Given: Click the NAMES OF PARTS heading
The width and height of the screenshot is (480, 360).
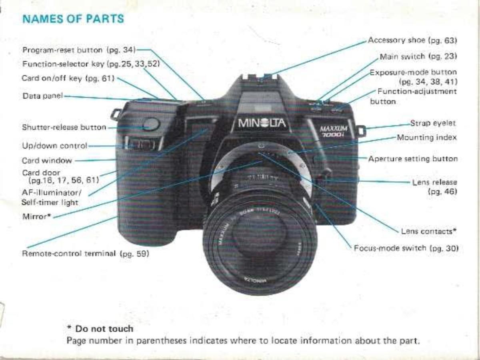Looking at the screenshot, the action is [73, 19].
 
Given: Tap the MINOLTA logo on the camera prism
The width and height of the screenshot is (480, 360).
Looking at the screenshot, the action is [262, 123].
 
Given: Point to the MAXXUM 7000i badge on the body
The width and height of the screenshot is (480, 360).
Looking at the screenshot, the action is [334, 131].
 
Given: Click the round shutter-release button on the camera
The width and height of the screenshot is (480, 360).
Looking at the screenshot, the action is [151, 124].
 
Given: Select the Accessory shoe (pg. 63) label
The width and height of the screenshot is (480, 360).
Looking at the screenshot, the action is [412, 40].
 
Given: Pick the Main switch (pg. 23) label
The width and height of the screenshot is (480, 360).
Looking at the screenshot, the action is [418, 57].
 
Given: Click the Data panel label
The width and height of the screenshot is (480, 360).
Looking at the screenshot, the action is [43, 96].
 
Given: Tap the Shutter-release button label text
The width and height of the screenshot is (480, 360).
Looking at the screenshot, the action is [64, 127].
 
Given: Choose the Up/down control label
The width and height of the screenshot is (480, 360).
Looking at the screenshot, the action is [55, 146].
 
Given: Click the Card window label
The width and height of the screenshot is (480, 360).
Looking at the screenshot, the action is [47, 161].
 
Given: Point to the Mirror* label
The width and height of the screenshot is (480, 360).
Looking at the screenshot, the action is [37, 217].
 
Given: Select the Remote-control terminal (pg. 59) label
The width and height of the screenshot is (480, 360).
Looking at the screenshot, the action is [86, 254].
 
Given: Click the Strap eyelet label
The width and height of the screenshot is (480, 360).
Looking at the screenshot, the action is [433, 123].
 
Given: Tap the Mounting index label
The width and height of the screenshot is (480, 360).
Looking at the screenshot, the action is [427, 138].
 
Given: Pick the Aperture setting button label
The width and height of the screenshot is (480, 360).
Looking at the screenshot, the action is [413, 159].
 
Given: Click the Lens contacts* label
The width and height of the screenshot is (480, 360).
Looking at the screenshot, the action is [429, 231].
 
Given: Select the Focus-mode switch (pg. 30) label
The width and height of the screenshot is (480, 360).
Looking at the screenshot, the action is [406, 248].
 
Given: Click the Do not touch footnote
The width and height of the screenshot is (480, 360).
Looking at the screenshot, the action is [100, 329].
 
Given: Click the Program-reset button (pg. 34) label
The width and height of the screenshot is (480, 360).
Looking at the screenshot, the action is [79, 50].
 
